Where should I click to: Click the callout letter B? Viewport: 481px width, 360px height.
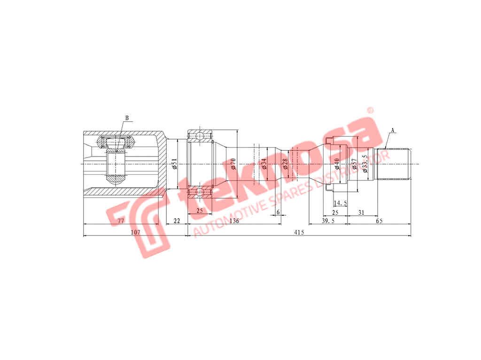(127, 118)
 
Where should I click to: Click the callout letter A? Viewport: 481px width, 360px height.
(393, 130)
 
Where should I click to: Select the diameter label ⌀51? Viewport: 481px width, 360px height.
(175, 164)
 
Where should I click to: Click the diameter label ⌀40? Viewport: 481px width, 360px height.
(337, 164)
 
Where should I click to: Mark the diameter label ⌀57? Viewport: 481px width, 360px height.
(354, 164)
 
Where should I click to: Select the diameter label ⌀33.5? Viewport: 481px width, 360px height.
(365, 164)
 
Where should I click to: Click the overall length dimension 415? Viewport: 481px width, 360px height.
(299, 232)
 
